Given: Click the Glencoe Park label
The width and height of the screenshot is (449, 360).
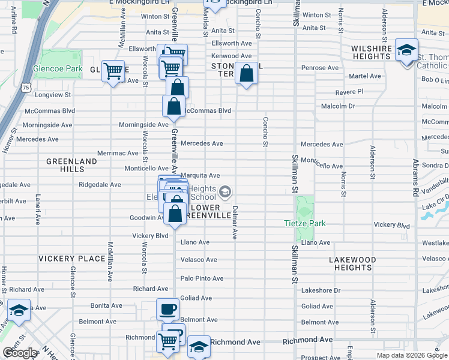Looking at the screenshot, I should (58, 69).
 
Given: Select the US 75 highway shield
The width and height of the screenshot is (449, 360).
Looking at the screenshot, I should (25, 88).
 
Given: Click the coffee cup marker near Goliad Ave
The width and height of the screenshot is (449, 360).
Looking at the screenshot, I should (167, 310).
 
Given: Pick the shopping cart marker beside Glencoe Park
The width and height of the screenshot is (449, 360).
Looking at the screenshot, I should (113, 71).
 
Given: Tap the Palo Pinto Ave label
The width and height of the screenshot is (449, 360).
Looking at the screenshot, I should (202, 278).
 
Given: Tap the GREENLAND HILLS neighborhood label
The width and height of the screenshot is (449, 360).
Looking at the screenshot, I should (72, 166).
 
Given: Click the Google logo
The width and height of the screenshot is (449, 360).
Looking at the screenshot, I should (20, 353).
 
